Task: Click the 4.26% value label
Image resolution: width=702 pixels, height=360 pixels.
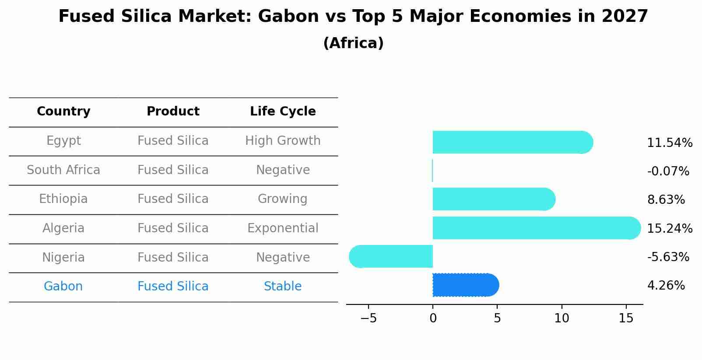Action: tap(666, 286)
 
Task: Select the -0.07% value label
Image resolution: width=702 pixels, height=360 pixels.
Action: tap(668, 171)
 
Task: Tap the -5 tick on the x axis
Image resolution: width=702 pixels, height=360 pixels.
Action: tap(369, 318)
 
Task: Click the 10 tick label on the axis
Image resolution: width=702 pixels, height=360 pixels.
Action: tap(562, 318)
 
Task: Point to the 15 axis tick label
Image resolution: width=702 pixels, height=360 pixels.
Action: tap(626, 318)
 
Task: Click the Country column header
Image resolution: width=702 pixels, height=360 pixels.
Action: tap(63, 112)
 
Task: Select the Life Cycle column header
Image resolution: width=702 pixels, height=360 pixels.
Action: tap(283, 112)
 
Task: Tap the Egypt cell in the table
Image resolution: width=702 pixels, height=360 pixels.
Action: tap(63, 141)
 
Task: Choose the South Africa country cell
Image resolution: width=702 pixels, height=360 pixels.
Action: tap(63, 170)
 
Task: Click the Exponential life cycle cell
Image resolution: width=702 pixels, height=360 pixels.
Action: tap(283, 228)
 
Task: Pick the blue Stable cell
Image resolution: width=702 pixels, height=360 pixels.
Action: tap(283, 287)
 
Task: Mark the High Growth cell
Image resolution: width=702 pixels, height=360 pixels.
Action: tap(283, 141)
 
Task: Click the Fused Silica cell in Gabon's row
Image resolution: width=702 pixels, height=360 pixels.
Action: tap(173, 287)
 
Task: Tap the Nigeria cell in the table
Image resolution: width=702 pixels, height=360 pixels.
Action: tap(63, 257)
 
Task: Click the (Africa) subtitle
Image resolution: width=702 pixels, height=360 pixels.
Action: tap(353, 43)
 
